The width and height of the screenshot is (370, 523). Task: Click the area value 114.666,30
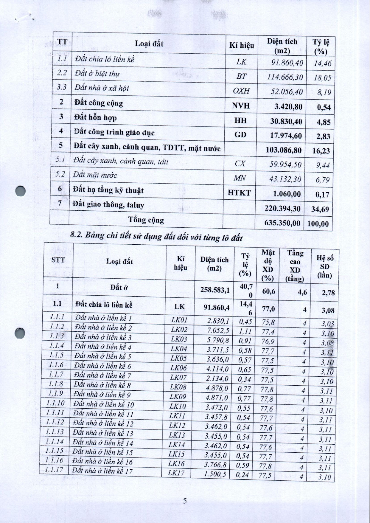[x=285, y=77]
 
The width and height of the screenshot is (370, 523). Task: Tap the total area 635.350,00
[x=282, y=223]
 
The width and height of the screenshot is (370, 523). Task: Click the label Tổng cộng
[x=146, y=220]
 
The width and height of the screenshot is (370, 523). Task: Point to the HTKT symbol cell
[x=239, y=193]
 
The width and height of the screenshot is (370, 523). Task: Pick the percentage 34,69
[x=320, y=209]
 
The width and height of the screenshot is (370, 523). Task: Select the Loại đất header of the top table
[x=149, y=44]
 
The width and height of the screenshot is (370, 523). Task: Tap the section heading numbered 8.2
[x=156, y=237]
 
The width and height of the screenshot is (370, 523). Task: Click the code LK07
[x=178, y=378]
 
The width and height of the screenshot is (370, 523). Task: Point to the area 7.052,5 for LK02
[x=217, y=330]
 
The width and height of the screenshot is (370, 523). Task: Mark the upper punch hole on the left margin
[x=21, y=191]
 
